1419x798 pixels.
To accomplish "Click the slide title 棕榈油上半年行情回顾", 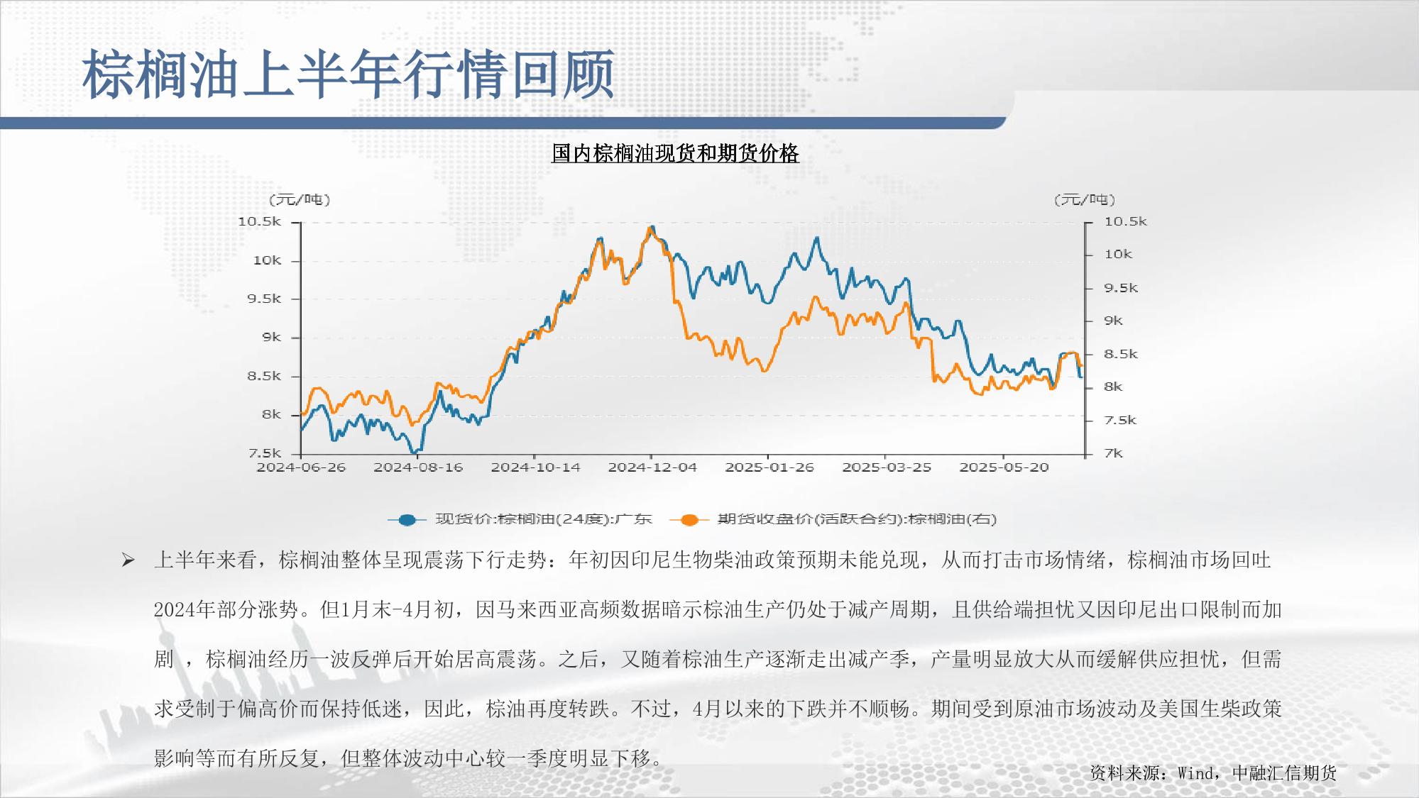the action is [x=348, y=74].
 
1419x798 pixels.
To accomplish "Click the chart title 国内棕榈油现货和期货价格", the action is [x=675, y=153].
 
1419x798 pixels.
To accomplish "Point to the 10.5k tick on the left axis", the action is [x=260, y=222].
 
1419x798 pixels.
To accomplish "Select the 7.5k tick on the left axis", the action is [x=264, y=453].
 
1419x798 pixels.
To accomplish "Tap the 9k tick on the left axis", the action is [x=271, y=338].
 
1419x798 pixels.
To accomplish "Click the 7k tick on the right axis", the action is [x=1114, y=453].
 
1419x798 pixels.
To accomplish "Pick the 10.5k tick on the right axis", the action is [x=1125, y=222].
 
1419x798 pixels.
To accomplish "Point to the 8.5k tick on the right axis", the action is [x=1121, y=354].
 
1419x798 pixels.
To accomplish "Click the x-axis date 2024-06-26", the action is [x=301, y=467].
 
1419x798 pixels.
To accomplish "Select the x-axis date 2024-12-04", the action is [x=652, y=467].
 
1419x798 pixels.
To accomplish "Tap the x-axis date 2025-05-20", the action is [x=1004, y=467].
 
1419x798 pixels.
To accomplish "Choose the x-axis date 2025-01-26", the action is [x=769, y=467].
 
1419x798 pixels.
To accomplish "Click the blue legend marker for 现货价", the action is [x=407, y=520].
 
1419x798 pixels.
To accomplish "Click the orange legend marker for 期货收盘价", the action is [x=689, y=520].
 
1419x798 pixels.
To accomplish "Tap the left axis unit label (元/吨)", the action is [x=300, y=200].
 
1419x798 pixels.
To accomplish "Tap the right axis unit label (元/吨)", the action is [x=1085, y=200].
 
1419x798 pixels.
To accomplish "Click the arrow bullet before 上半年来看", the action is [x=128, y=561].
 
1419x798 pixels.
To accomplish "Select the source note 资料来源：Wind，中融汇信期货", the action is [x=1213, y=773].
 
